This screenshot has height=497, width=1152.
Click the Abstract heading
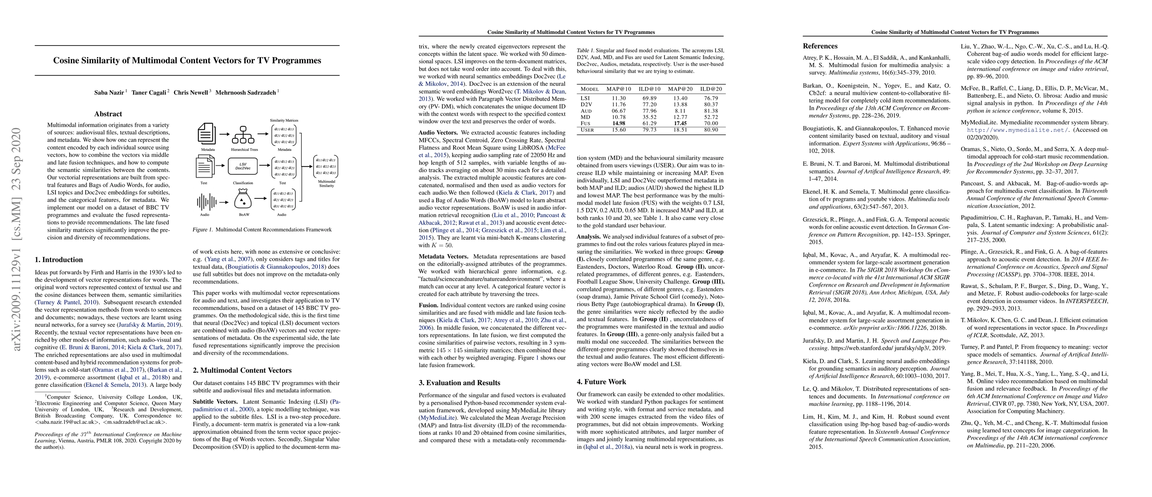click(x=108, y=114)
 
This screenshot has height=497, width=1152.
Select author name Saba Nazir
click(x=109, y=92)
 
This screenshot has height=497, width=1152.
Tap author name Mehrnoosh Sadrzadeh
click(x=246, y=92)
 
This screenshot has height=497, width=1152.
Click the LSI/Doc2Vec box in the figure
click(x=243, y=166)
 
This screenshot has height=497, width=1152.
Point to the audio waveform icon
click(x=206, y=202)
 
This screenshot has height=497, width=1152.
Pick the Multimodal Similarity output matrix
click(x=326, y=166)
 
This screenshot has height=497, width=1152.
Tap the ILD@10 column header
click(x=650, y=89)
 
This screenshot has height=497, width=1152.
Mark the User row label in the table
click(x=587, y=130)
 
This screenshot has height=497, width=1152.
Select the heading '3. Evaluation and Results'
click(x=459, y=383)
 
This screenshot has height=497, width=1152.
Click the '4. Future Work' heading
click(x=601, y=382)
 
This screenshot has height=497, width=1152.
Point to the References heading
click(x=820, y=46)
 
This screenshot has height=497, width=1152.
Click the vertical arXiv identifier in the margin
click(x=17, y=239)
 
